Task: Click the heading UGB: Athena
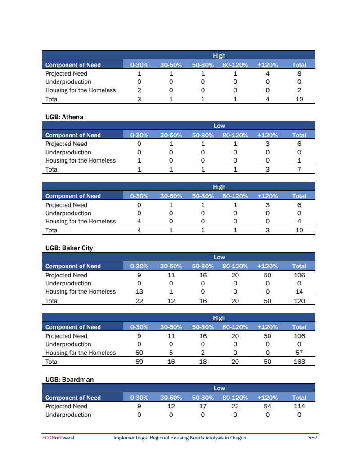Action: pyautogui.click(x=64, y=117)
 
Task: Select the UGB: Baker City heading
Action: pyautogui.click(x=69, y=248)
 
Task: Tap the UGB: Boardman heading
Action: pyautogui.click(x=69, y=380)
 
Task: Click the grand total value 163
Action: pyautogui.click(x=299, y=362)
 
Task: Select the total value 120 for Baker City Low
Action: pyautogui.click(x=299, y=301)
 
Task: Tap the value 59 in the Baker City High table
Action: pyautogui.click(x=139, y=362)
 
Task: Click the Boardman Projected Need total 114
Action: pyautogui.click(x=299, y=406)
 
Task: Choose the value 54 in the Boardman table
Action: pyautogui.click(x=267, y=406)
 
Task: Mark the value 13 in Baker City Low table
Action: pyautogui.click(x=139, y=291)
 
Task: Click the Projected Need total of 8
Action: pyautogui.click(x=299, y=73)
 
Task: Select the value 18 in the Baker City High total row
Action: pyautogui.click(x=202, y=362)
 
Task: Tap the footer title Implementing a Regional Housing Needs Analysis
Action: pyautogui.click(x=180, y=438)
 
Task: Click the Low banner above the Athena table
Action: pyautogui.click(x=219, y=126)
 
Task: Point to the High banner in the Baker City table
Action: pyautogui.click(x=219, y=318)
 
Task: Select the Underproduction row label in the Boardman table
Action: pyautogui.click(x=68, y=415)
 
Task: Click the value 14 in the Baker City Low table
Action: pyautogui.click(x=299, y=291)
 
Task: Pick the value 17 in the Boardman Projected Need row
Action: pyautogui.click(x=202, y=406)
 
